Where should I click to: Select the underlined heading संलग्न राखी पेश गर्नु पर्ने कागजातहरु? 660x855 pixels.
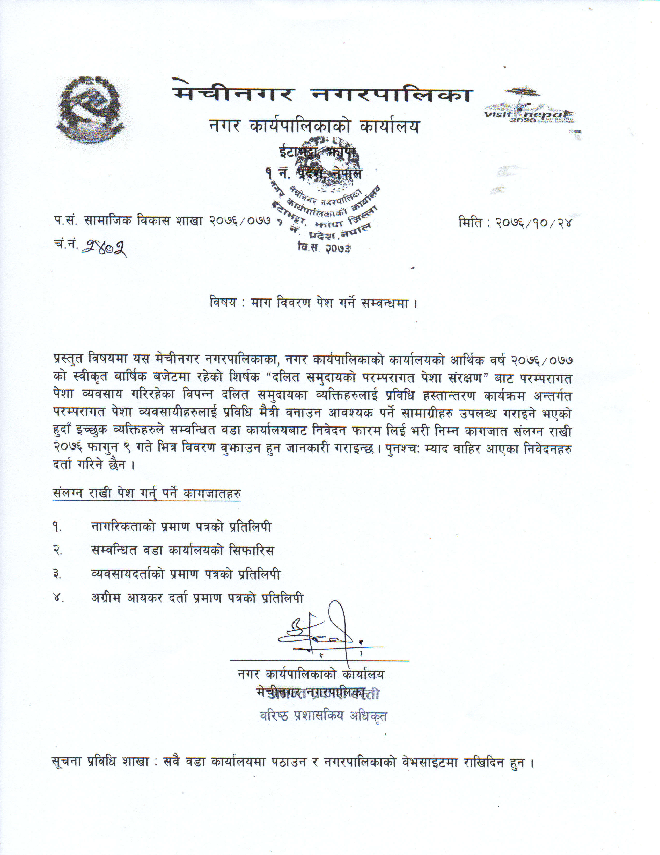tap(146, 494)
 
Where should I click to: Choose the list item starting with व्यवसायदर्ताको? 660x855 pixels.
tap(185, 574)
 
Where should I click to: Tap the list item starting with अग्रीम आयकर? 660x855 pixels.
tap(197, 598)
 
